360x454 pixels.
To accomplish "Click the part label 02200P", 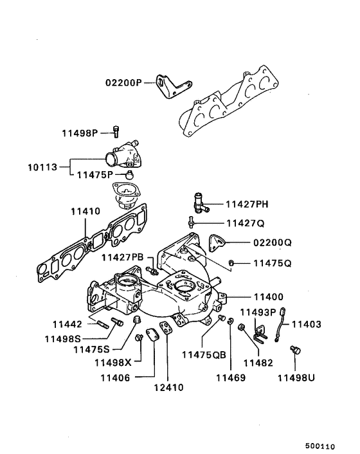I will click(125, 83).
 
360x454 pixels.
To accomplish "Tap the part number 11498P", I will click(80, 133).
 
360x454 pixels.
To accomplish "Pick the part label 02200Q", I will click(272, 243).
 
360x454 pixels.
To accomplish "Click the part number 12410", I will click(168, 387).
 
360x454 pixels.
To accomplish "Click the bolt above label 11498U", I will click(296, 350).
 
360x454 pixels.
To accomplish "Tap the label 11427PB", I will click(122, 257).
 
